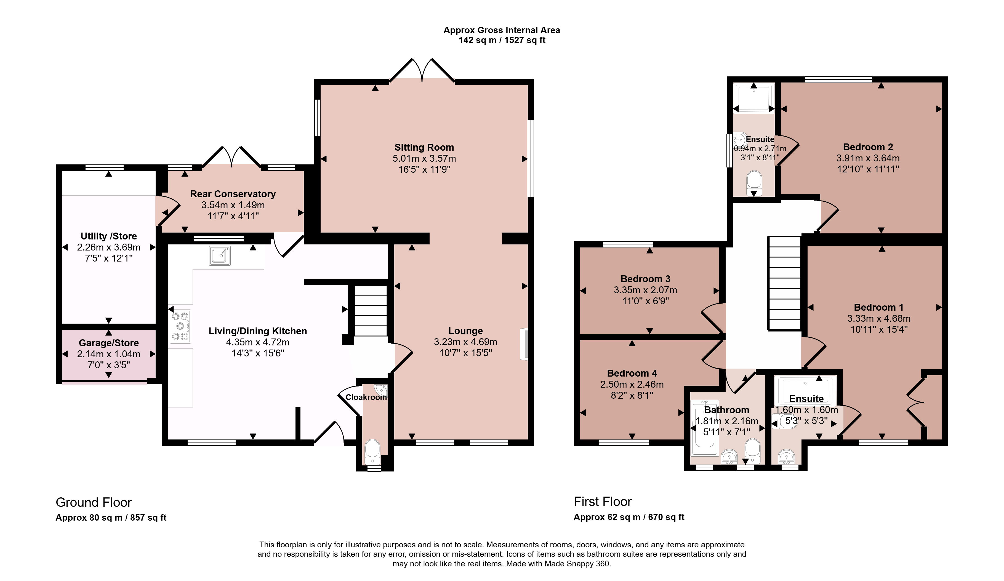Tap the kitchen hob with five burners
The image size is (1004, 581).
[x=180, y=326]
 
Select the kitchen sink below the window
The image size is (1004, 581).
[x=220, y=256]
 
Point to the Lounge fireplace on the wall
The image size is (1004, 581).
[x=524, y=344]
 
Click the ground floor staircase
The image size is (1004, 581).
[x=371, y=310]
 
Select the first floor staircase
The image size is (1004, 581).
[x=784, y=283]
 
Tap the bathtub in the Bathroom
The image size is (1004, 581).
[x=705, y=429]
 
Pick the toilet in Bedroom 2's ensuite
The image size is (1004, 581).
[x=754, y=183]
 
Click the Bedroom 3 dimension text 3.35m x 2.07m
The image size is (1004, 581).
[x=645, y=290]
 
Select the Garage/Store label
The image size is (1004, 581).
[x=109, y=343]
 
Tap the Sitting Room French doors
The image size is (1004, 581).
[x=422, y=71]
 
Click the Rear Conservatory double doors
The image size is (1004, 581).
[x=232, y=157]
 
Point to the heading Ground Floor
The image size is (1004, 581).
[x=94, y=502]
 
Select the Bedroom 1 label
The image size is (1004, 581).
[x=878, y=307]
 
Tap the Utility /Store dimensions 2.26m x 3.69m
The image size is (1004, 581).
[x=109, y=247]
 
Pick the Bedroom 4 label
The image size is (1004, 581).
[x=632, y=373]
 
